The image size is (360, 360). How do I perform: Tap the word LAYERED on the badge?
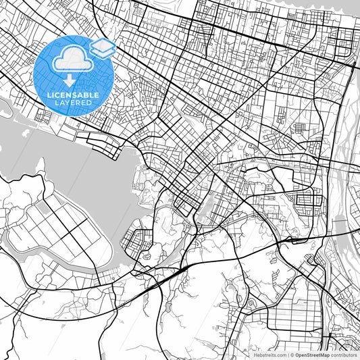[x=74, y=104]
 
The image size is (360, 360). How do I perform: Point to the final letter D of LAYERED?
[x=91, y=104]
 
